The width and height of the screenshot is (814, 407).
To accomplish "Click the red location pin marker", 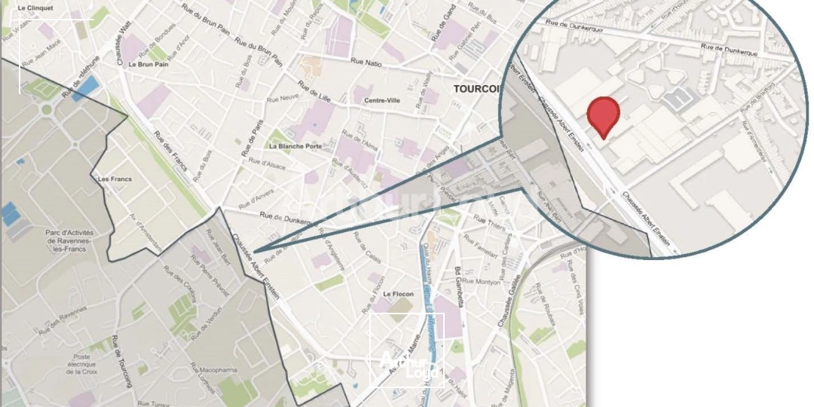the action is tap(603, 115).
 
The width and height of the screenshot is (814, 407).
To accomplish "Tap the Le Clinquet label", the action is tap(35, 8).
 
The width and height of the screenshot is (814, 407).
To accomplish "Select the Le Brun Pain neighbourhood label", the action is tap(148, 65).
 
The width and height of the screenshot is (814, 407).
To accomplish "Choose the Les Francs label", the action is tap(115, 179).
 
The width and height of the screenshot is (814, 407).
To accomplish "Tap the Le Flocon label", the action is tap(398, 294).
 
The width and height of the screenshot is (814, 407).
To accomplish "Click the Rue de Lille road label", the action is tap(314, 90).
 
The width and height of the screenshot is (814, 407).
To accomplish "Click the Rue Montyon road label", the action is tap(481, 282).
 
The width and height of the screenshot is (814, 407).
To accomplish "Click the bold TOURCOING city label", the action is tap(476, 89).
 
